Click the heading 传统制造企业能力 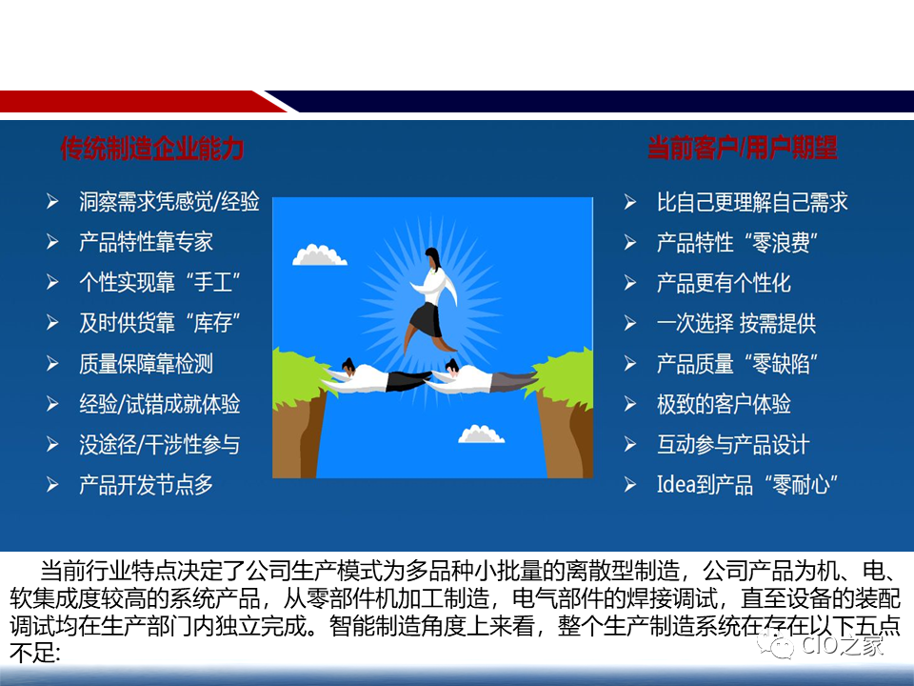tap(152, 149)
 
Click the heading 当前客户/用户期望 tap(742, 149)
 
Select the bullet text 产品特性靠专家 tap(146, 242)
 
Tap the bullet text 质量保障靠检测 tap(146, 364)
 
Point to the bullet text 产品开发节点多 tap(146, 485)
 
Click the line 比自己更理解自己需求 tap(752, 202)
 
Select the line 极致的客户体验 tap(724, 404)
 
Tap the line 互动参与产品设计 tap(733, 445)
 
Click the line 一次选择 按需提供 tap(736, 323)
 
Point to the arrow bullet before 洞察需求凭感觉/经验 tap(53, 202)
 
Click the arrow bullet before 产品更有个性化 tap(630, 283)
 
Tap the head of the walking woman tap(433, 257)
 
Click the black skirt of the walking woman tap(426, 319)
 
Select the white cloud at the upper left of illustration tap(320, 254)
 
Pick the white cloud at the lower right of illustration tap(481, 434)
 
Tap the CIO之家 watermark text tap(842, 647)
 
